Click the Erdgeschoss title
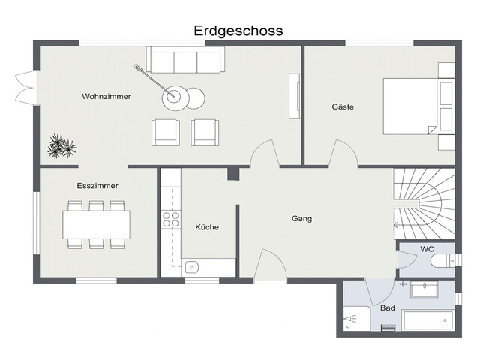(x=238, y=31)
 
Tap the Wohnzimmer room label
(x=106, y=97)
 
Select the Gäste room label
(x=343, y=106)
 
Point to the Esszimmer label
(x=97, y=186)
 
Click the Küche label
(x=207, y=227)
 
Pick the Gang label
(x=301, y=219)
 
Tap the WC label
(x=427, y=249)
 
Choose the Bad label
(x=387, y=307)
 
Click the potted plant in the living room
(x=61, y=146)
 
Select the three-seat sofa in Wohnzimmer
(x=185, y=59)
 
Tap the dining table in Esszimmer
(x=96, y=225)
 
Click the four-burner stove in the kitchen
(x=171, y=220)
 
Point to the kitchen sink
(x=191, y=267)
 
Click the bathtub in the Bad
(x=428, y=320)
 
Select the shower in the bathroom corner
(x=357, y=319)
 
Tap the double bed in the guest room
(x=418, y=106)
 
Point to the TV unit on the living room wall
(x=295, y=96)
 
